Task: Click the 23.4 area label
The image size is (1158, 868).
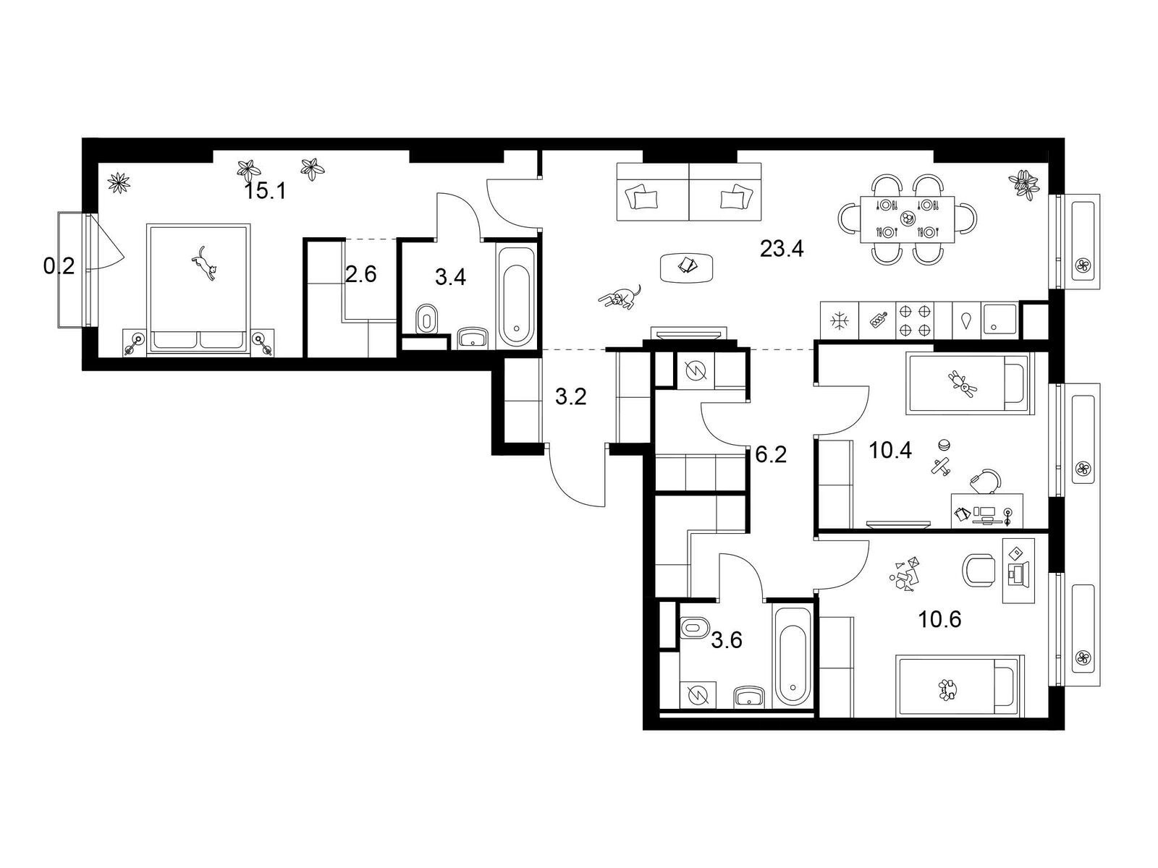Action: click(x=782, y=248)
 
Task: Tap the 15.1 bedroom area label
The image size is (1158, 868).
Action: click(x=266, y=191)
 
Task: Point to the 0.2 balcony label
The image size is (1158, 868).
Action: click(x=59, y=267)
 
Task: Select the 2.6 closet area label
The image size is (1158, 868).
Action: click(x=361, y=275)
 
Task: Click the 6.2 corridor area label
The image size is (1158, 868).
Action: click(x=771, y=454)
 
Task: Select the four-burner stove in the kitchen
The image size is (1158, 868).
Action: click(x=914, y=320)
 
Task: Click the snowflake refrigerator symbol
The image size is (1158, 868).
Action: click(x=839, y=321)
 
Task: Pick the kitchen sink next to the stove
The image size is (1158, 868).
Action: click(x=999, y=320)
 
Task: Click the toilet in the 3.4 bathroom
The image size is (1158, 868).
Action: click(x=427, y=319)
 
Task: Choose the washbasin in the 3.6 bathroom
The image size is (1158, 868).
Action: click(x=749, y=697)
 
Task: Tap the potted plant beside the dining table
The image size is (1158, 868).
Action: click(x=1024, y=184)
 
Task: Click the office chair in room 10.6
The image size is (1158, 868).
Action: click(x=979, y=570)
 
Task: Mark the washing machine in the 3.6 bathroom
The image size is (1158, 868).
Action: click(x=698, y=696)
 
